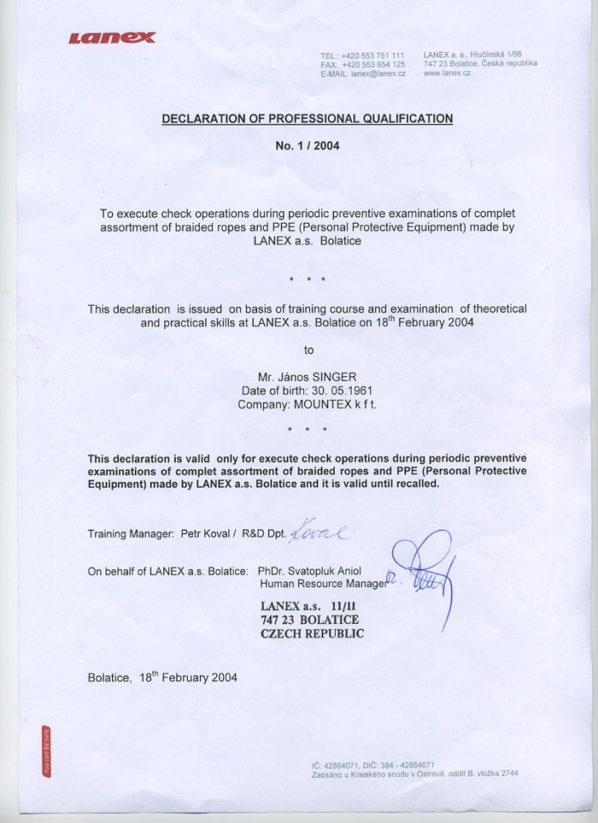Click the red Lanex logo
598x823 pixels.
112,37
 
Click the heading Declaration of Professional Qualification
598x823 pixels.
308,119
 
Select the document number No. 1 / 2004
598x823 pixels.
308,146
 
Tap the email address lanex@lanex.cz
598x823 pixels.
378,74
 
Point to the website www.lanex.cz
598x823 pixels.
447,73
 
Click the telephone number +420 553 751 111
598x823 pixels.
373,56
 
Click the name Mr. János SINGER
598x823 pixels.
308,377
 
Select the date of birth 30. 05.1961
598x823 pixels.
337,391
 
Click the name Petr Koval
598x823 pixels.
205,534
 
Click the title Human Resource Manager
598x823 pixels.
323,585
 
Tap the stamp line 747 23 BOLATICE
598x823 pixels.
309,620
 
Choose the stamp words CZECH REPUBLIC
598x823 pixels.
312,634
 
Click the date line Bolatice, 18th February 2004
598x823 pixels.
162,678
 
